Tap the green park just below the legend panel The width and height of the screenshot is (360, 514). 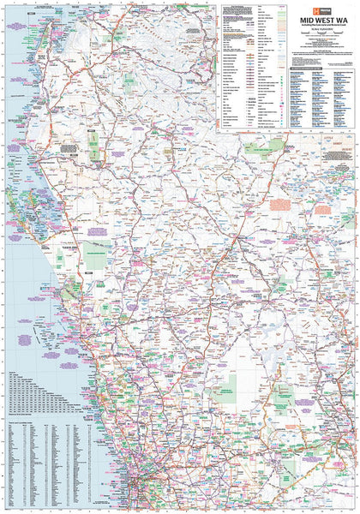[257, 147]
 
